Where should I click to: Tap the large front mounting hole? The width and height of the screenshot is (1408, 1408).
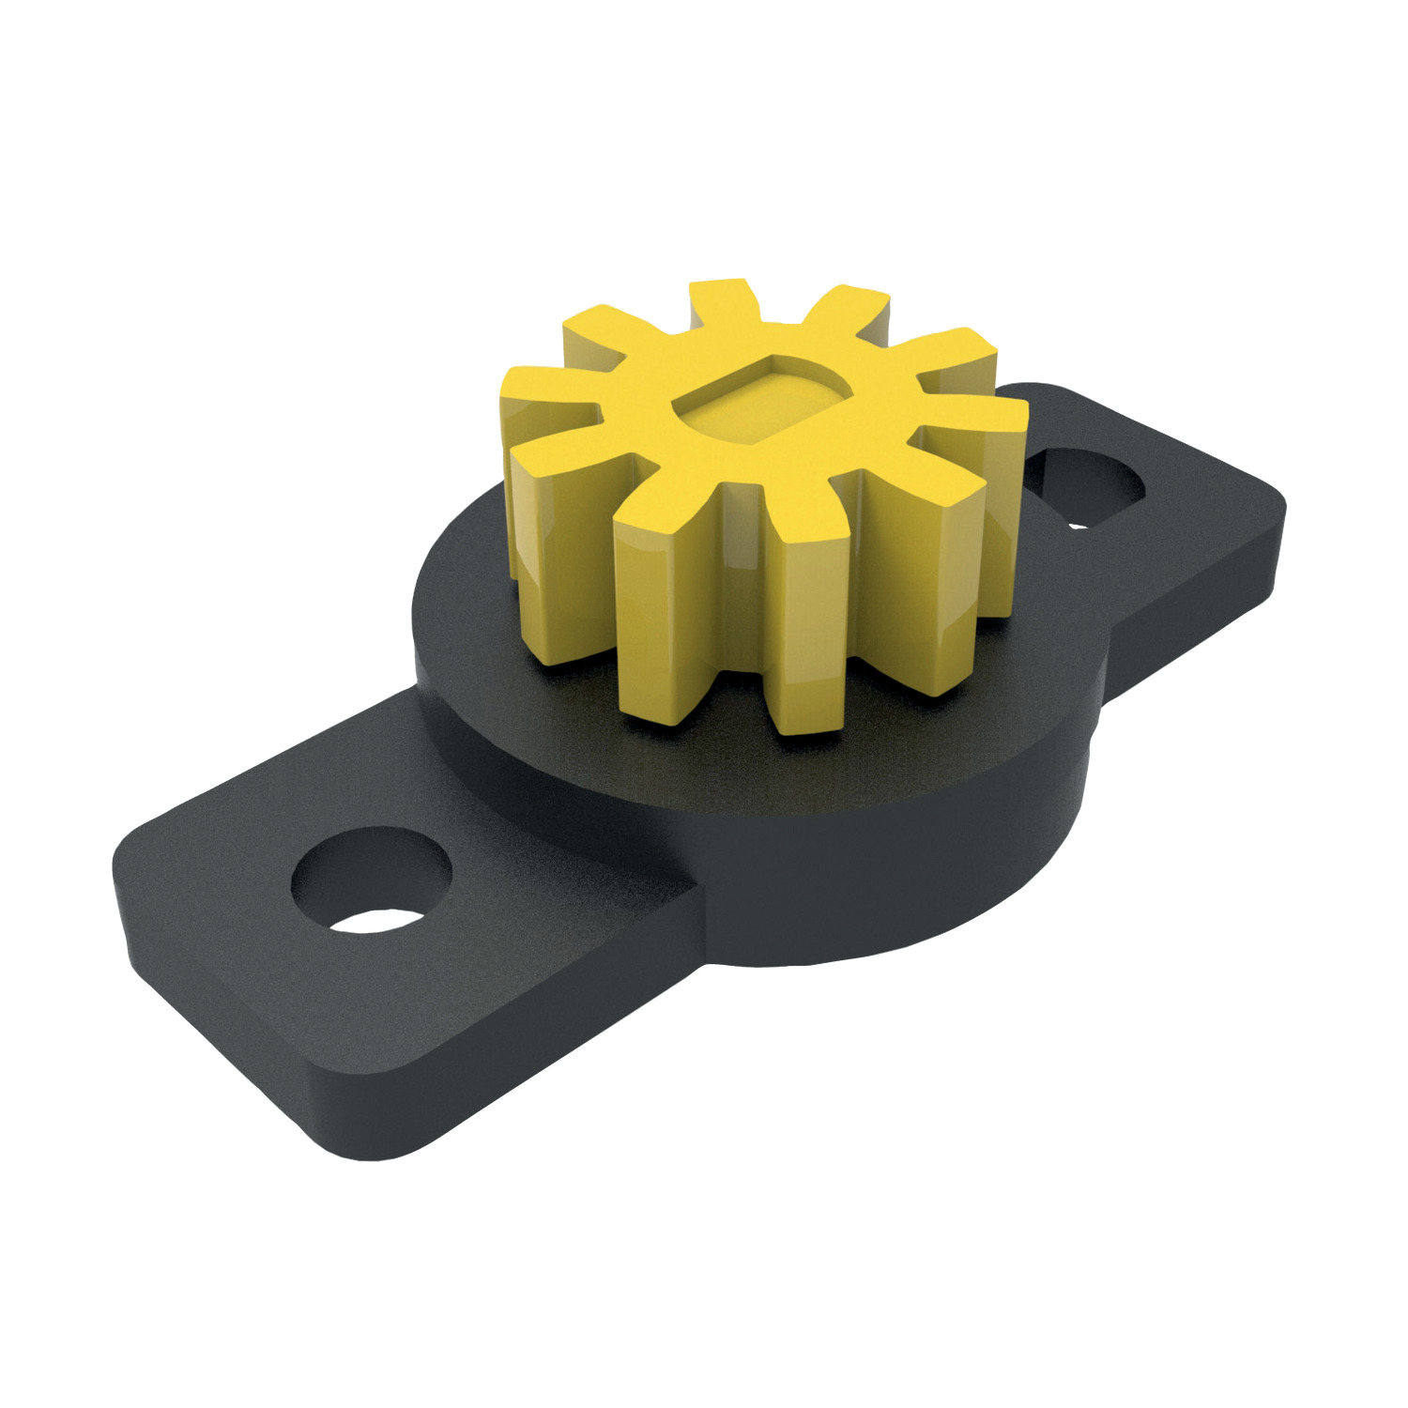(373, 882)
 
